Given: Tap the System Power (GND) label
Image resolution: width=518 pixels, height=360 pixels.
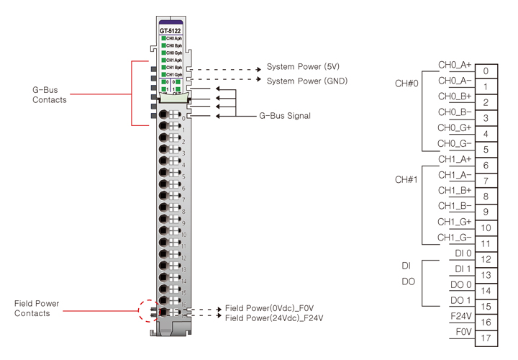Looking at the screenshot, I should pyautogui.click(x=304, y=81).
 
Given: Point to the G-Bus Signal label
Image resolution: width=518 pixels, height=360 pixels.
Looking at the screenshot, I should pyautogui.click(x=285, y=115).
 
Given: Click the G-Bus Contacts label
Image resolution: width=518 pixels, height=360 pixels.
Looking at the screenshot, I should pyautogui.click(x=50, y=95).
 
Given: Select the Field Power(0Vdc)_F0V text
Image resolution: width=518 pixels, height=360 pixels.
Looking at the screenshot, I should pyautogui.click(x=268, y=307).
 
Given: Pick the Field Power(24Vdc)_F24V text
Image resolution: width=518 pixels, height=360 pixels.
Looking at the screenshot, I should pyautogui.click(x=273, y=318).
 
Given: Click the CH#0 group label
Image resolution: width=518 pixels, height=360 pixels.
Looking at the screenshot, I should pyautogui.click(x=406, y=84).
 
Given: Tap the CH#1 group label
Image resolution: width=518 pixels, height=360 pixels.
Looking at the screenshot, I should pyautogui.click(x=406, y=179).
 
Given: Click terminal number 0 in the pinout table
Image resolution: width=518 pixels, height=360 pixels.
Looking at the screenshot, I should pyautogui.click(x=486, y=71).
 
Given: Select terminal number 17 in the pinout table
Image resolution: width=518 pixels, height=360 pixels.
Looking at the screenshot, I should pyautogui.click(x=486, y=338).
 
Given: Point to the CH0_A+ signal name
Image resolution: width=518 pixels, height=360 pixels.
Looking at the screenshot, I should pyautogui.click(x=455, y=66).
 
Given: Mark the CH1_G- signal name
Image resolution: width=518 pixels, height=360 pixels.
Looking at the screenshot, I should pyautogui.click(x=455, y=238).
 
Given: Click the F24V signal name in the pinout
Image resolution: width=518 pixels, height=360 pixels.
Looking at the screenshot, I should pyautogui.click(x=460, y=316).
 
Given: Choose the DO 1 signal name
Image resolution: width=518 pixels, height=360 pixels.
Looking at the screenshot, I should pyautogui.click(x=460, y=300).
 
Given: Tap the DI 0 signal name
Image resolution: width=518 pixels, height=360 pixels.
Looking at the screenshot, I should pyautogui.click(x=462, y=253).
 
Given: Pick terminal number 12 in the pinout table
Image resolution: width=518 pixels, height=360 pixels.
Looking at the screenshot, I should pyautogui.click(x=486, y=259).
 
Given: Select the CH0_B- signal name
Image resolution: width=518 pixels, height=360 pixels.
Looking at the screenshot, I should pyautogui.click(x=455, y=112).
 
